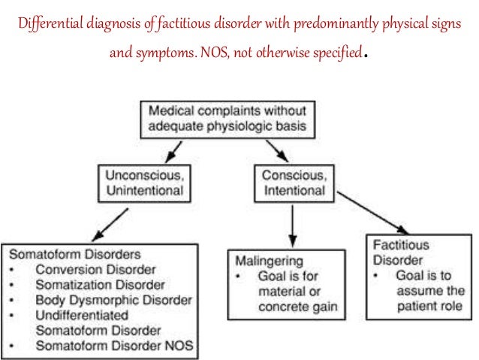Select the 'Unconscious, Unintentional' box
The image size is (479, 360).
point(143,183)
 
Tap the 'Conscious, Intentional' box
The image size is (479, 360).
point(292,183)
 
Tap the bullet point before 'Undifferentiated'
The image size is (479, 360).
point(16,316)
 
